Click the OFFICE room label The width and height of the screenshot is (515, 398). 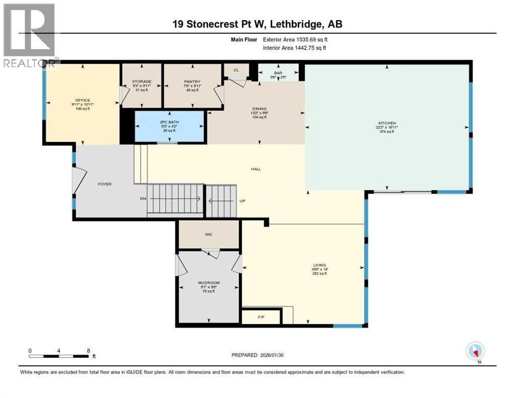pos(82,100)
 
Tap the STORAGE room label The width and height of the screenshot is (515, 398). pos(141,82)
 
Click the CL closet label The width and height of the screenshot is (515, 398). pos(236,69)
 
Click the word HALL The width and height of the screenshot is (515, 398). pos(256,168)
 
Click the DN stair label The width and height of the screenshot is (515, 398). pos(143,198)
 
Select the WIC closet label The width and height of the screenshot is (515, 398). pos(209,234)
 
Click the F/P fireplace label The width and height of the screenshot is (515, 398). pos(261,316)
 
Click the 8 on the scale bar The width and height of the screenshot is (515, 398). pos(89,351)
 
